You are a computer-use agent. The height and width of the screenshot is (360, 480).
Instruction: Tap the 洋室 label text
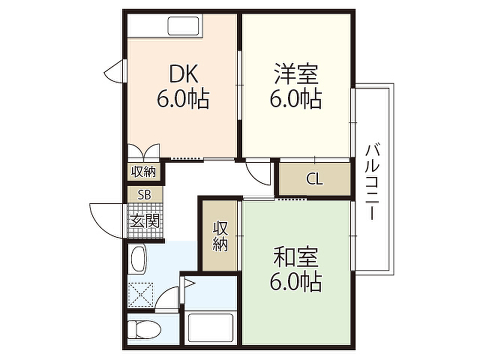coord(296,74)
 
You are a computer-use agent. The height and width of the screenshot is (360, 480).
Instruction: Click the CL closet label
coord(314,179)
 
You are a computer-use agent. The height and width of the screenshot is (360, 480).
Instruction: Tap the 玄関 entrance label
coord(145,220)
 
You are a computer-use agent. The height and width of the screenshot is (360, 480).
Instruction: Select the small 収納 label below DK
coord(143,172)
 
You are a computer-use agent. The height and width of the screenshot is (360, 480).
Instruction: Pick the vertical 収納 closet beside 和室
coord(221,236)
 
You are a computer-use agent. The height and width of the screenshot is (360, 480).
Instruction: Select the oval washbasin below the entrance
coord(138,260)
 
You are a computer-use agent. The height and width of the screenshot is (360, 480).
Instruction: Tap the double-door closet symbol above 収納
coord(143,152)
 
